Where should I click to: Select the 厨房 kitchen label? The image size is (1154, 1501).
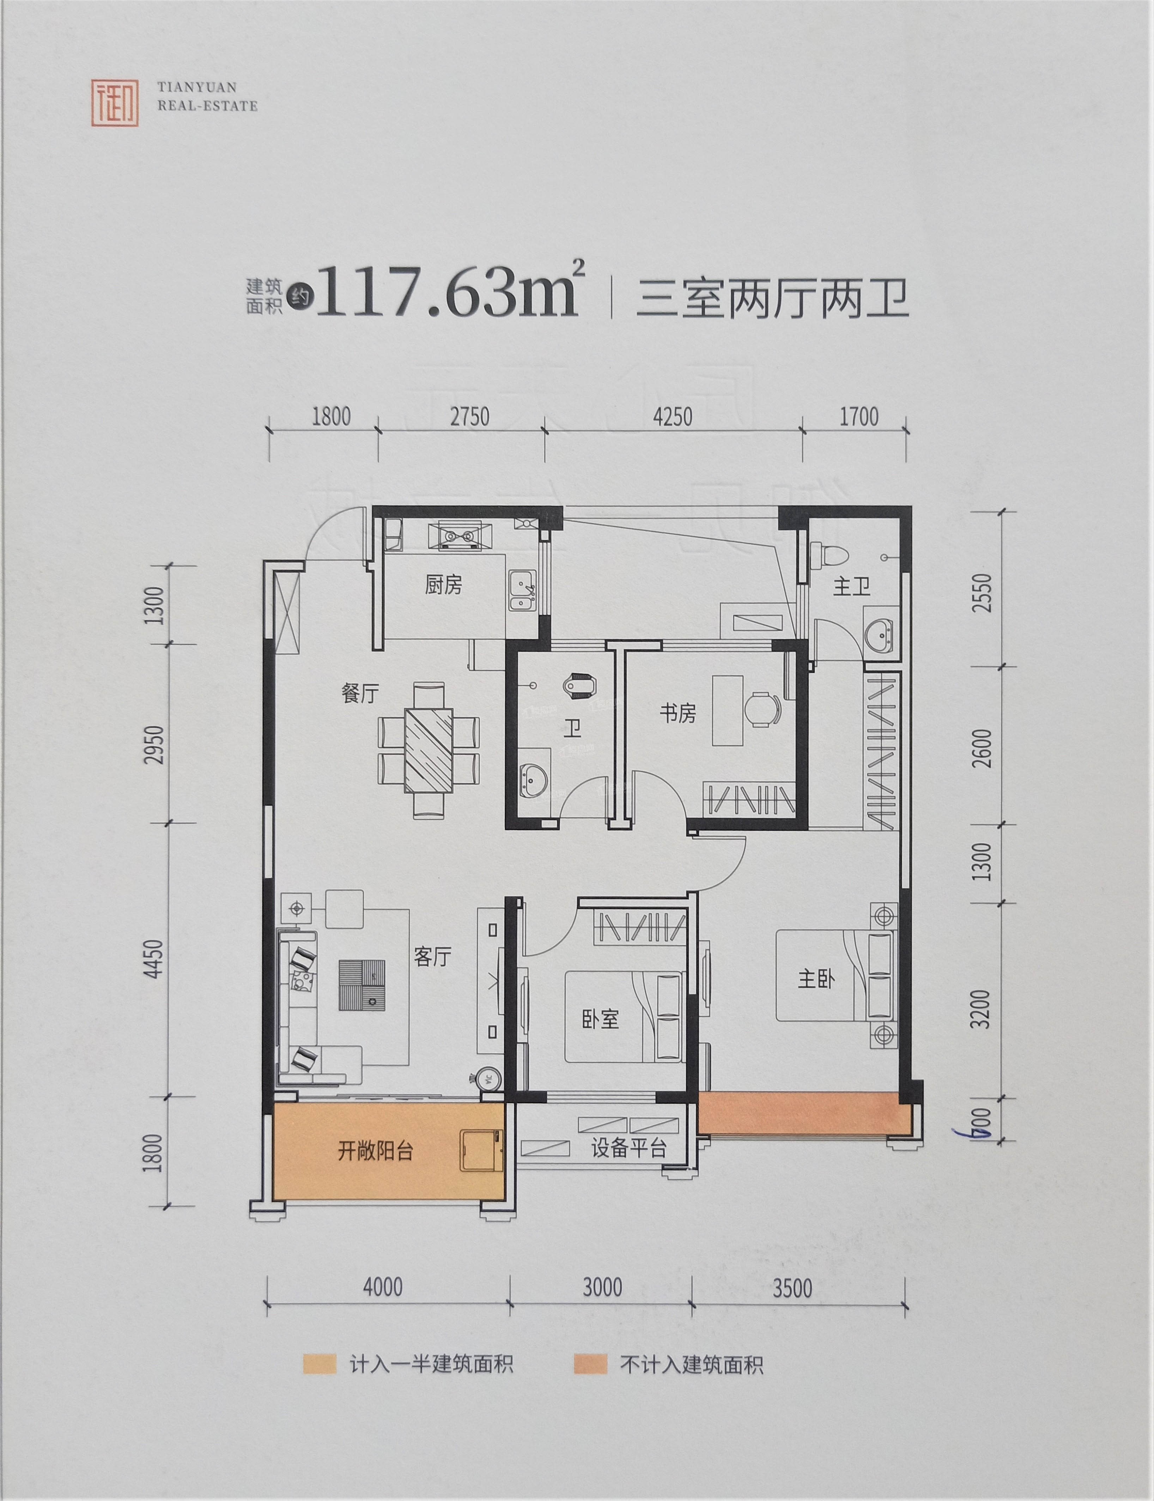(x=443, y=585)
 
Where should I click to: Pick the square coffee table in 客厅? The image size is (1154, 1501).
(x=362, y=985)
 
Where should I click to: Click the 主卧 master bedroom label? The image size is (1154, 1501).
(x=816, y=979)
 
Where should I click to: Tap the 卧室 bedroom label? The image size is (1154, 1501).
(x=600, y=1019)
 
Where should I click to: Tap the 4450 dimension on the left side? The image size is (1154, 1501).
(x=155, y=959)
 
